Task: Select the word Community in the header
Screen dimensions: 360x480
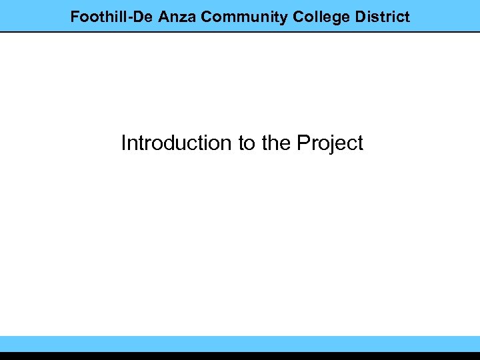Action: click(244, 17)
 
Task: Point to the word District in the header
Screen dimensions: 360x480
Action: click(383, 17)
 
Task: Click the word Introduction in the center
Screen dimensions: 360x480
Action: click(175, 143)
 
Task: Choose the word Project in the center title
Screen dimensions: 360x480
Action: click(330, 143)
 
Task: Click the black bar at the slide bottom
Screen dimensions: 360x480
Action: click(240, 356)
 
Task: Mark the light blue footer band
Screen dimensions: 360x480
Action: click(240, 343)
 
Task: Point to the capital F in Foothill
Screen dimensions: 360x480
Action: click(75, 17)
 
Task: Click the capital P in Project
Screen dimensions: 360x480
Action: click(303, 143)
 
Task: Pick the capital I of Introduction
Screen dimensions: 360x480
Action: click(123, 143)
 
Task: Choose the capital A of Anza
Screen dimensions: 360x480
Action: click(164, 17)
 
